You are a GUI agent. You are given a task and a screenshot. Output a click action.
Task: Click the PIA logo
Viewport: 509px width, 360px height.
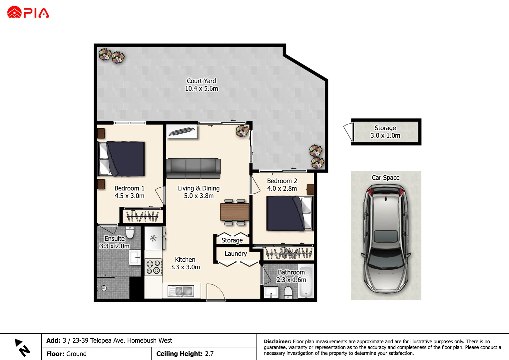tap(28, 13)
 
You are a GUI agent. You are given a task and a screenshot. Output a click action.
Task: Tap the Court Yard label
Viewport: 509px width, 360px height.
tap(201, 81)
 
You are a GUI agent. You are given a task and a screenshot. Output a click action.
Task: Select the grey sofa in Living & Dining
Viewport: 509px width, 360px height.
tap(193, 168)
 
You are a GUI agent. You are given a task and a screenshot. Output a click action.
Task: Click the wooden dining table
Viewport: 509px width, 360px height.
tap(235, 212)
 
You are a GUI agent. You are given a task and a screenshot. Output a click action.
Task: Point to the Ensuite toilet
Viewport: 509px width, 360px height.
tap(130, 232)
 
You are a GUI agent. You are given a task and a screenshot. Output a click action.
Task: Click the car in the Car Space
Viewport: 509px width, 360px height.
tap(386, 239)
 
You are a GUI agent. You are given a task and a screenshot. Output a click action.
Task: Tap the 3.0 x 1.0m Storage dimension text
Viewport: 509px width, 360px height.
tap(385, 136)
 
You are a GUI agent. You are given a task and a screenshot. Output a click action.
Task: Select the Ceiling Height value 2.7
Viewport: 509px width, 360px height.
tap(209, 354)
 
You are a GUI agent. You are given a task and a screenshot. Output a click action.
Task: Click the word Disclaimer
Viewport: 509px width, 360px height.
tap(277, 341)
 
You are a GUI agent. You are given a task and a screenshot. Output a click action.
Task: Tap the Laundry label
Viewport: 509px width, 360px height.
tap(236, 254)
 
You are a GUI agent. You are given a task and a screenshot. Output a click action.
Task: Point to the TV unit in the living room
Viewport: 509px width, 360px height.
tap(182, 131)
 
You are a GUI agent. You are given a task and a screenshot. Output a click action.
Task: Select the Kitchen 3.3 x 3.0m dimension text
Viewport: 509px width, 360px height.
tap(185, 267)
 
